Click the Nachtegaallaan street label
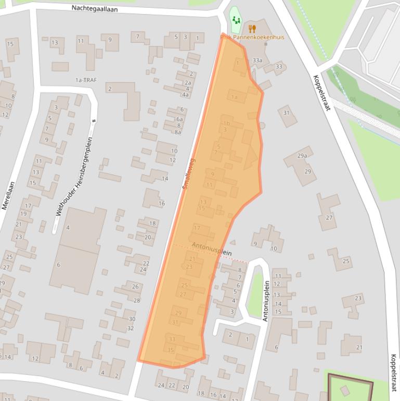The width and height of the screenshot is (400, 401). point(94,9)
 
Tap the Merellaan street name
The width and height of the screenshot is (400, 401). point(8,195)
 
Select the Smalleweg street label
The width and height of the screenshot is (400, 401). point(188,173)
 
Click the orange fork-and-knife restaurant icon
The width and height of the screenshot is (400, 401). point(252,29)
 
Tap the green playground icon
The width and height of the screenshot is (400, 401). point(236,20)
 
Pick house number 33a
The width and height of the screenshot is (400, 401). point(257,60)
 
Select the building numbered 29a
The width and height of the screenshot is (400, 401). point(302,156)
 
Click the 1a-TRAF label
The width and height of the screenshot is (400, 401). point(86,80)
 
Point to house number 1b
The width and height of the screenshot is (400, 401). point(226,123)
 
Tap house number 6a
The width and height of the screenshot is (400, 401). point(179,119)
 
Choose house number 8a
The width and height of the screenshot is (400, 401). point(178,132)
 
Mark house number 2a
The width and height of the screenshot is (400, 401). point(188,83)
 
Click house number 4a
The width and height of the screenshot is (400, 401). point(185,95)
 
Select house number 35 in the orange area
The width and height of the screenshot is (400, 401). point(171,350)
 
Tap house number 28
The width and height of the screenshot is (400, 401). point(137,300)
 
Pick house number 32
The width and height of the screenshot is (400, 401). point(131,328)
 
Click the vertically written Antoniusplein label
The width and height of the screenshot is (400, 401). point(266,301)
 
